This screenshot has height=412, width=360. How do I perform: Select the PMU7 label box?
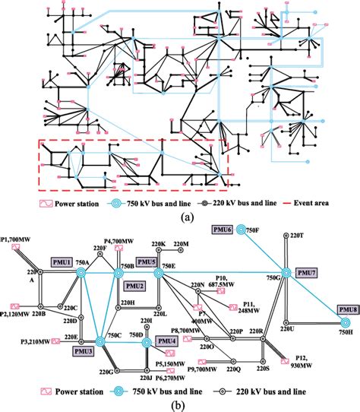[305, 272]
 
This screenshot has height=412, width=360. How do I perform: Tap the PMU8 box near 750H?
[347, 310]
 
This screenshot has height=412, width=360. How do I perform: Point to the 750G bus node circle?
[286, 273]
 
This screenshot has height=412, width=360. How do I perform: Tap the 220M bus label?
[180, 243]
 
